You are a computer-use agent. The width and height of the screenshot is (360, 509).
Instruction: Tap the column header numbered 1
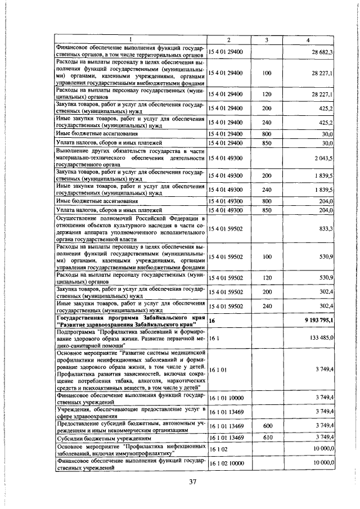130,39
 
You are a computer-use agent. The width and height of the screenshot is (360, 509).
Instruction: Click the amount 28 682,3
323,52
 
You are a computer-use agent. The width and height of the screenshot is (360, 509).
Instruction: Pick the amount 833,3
326,229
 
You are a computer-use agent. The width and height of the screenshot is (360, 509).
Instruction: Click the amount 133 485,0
321,337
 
